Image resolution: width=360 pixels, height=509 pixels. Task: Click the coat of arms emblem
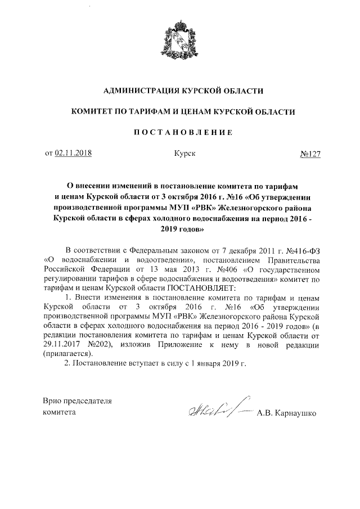180,40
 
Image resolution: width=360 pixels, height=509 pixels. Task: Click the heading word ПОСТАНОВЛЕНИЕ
180,133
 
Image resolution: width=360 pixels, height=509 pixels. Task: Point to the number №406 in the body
227,269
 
